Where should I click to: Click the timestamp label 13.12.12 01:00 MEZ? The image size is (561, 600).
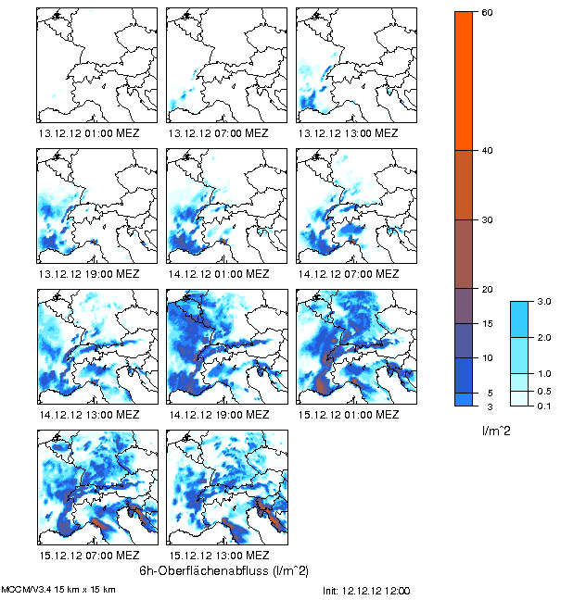coord(88,132)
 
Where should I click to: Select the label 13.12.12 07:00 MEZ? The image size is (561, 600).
coord(218,132)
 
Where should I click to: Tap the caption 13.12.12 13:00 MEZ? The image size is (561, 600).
coord(348,132)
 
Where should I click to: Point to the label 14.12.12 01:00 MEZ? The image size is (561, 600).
coord(218,274)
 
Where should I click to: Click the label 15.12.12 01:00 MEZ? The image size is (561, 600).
coord(348,415)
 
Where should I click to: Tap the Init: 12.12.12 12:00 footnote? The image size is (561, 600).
coord(366,590)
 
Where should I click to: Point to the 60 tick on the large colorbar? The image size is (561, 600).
coord(486,11)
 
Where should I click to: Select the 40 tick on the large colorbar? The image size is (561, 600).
coord(486,150)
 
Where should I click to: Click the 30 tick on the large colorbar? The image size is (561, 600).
coord(486,219)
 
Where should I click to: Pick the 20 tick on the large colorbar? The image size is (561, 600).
coord(486,289)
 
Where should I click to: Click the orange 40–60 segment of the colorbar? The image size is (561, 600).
coord(465,81)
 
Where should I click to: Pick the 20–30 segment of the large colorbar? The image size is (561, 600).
coord(465,254)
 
